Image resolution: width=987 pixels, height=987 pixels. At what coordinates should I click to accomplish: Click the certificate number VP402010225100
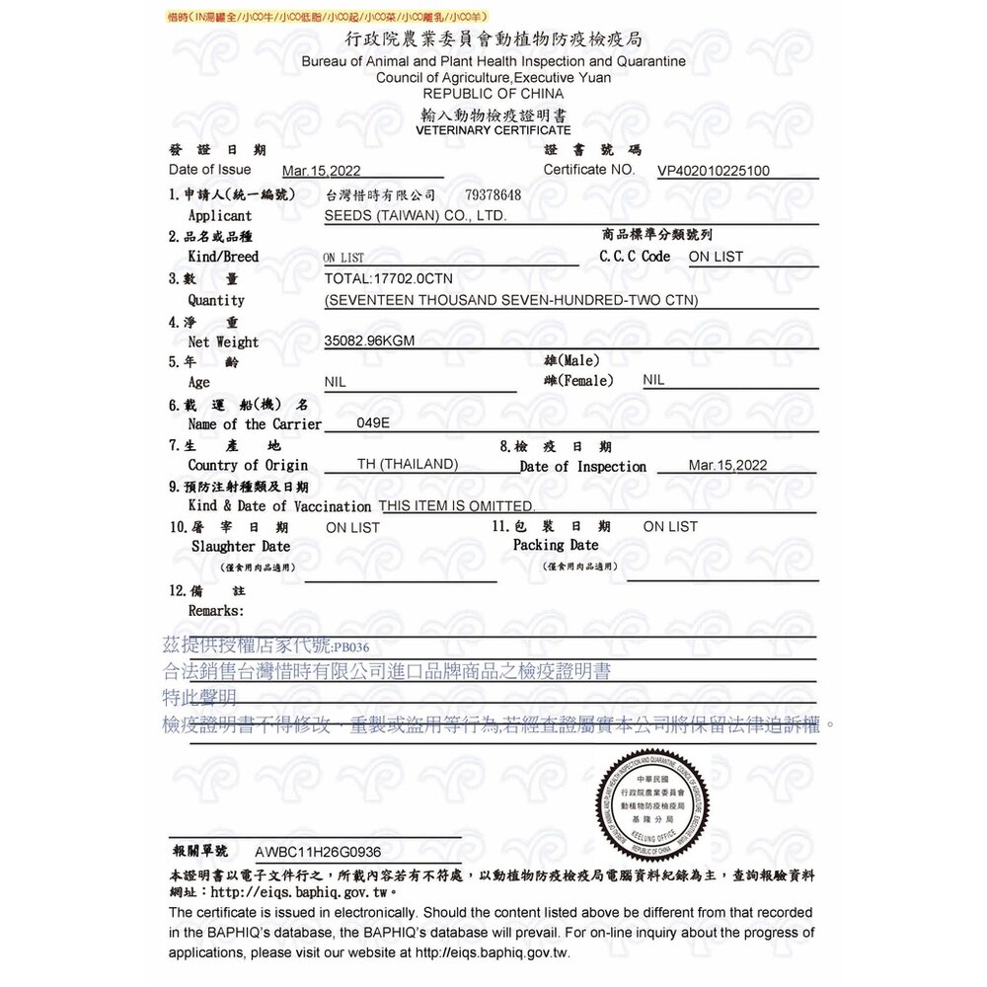click(x=714, y=171)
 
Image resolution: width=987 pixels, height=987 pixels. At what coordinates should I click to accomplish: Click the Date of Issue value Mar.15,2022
click(x=322, y=171)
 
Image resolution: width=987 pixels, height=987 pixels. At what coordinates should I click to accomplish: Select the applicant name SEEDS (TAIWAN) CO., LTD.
click(x=416, y=216)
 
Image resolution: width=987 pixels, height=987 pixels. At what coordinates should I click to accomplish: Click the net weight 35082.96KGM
click(x=369, y=342)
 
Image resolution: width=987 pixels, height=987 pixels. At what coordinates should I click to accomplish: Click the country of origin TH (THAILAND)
click(x=407, y=464)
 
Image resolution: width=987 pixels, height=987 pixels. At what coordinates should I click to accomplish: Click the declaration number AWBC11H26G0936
click(x=318, y=851)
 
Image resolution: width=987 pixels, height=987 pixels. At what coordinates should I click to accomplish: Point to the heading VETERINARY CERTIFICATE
click(x=493, y=130)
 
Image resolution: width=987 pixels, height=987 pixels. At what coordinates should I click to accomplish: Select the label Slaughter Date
click(x=241, y=546)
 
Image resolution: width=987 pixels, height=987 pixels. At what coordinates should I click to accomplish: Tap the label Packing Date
click(x=556, y=545)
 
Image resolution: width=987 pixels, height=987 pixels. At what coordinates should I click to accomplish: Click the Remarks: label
click(x=216, y=611)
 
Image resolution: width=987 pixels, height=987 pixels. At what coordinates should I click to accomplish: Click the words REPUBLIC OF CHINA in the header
click(x=493, y=93)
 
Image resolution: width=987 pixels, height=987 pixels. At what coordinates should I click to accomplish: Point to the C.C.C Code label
click(x=635, y=257)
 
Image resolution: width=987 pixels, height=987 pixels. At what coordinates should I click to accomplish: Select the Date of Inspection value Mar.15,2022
click(x=727, y=465)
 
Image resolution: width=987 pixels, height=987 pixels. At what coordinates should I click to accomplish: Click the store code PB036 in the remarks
click(x=351, y=648)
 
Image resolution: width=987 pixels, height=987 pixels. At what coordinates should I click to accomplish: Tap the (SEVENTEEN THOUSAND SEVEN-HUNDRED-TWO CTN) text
click(x=511, y=300)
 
